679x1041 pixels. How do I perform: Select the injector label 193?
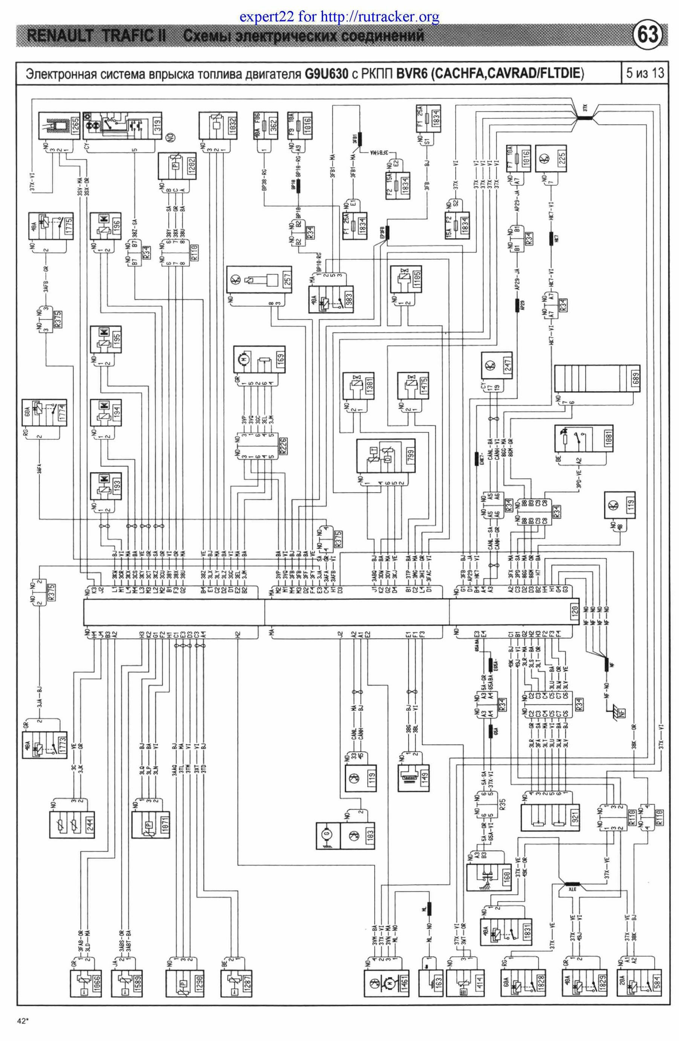click(x=116, y=486)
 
